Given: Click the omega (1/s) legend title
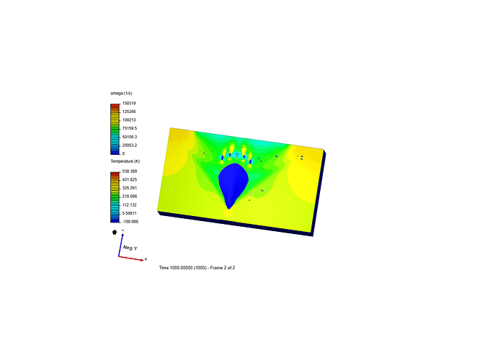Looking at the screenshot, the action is point(121,94).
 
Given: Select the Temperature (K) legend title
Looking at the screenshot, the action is point(125,161).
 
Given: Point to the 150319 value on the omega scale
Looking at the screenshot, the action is point(129,104).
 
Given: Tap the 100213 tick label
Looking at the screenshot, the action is point(129,120).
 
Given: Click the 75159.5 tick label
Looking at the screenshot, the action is point(130,128).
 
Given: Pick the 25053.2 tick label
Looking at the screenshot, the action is point(130,145).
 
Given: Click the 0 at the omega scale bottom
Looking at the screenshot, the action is point(124,153).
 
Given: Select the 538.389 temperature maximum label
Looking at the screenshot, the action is point(130,171).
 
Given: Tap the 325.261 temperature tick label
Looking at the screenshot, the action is point(130,188).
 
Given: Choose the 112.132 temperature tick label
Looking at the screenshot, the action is point(130,205).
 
